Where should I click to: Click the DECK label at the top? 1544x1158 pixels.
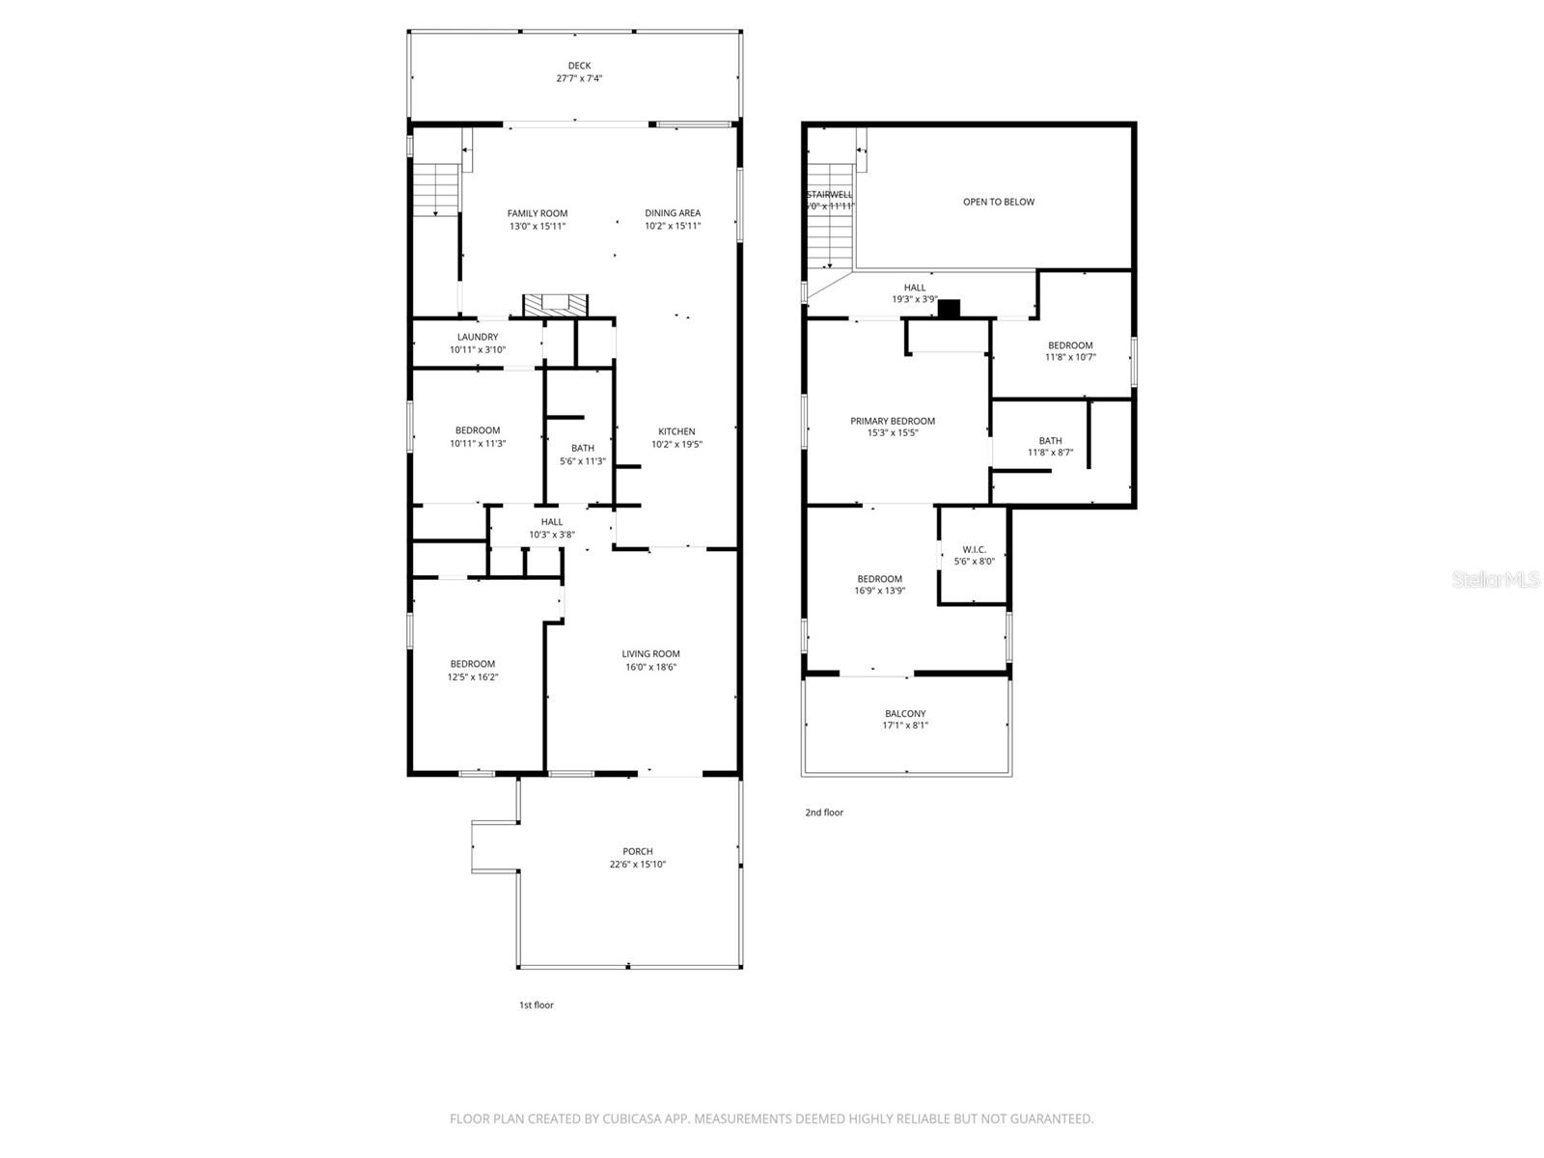(579, 66)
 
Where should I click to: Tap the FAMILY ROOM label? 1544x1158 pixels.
(538, 213)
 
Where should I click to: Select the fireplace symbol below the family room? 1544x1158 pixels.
(555, 305)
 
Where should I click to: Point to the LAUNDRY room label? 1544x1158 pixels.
(478, 337)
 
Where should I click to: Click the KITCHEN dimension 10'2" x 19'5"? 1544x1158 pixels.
(676, 445)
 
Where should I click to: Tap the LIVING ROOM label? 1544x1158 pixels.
(650, 653)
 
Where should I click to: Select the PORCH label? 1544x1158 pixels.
(637, 851)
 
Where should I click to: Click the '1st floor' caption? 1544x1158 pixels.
(537, 1005)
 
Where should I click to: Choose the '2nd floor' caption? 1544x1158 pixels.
(824, 813)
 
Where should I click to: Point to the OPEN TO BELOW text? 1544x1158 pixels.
(998, 202)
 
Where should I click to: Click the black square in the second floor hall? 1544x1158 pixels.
(950, 309)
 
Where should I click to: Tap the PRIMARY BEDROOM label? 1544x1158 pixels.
(893, 421)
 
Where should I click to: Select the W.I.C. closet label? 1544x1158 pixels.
(974, 549)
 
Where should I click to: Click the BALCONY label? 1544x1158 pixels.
(905, 713)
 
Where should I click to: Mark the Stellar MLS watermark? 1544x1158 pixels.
(1496, 579)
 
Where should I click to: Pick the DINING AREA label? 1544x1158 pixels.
(673, 213)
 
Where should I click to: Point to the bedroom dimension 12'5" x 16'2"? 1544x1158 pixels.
(472, 676)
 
